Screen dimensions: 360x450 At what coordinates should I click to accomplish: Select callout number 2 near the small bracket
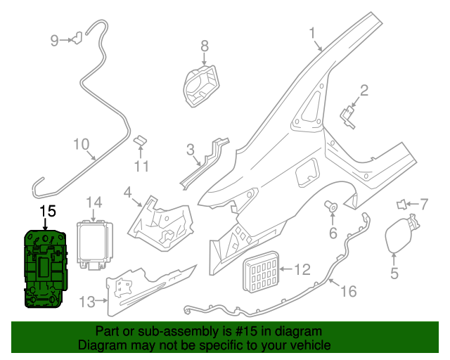(364, 89)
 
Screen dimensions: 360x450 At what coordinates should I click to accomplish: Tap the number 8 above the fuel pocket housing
(205, 46)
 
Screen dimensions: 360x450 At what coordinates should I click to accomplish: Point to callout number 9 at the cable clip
(54, 41)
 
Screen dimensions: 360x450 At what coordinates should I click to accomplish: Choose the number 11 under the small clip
(142, 167)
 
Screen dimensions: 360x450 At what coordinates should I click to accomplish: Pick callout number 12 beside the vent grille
(302, 269)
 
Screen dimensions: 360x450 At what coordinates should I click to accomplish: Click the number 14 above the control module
(94, 203)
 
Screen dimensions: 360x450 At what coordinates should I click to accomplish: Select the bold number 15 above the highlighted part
(47, 210)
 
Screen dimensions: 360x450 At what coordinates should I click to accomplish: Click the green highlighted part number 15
(44, 269)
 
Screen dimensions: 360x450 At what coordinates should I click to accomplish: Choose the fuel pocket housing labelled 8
(199, 84)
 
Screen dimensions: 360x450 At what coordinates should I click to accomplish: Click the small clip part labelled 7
(401, 205)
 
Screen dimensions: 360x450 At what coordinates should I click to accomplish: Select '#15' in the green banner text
(236, 331)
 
